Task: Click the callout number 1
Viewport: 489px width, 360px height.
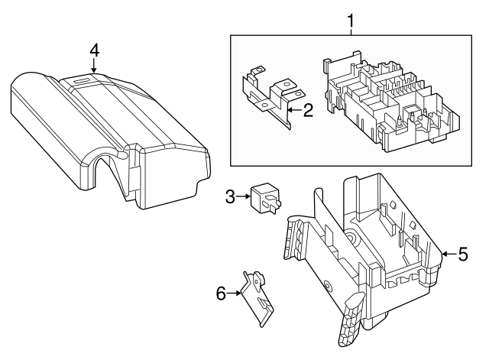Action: pos(350,19)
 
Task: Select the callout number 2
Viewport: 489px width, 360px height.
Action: pos(308,111)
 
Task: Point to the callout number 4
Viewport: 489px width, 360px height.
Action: pos(95,50)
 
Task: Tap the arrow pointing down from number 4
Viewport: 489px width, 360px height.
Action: pos(95,67)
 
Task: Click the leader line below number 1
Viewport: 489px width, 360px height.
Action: pos(350,31)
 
